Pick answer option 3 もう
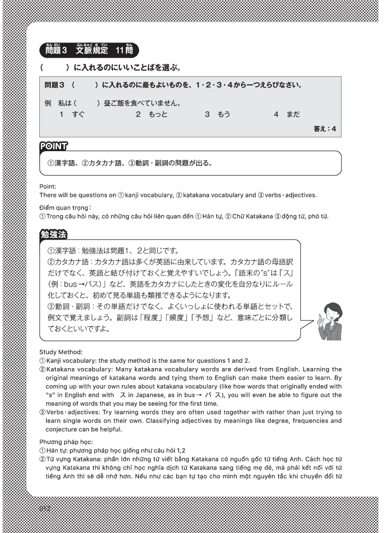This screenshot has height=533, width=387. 217,115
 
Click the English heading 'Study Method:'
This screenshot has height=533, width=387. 61,351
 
